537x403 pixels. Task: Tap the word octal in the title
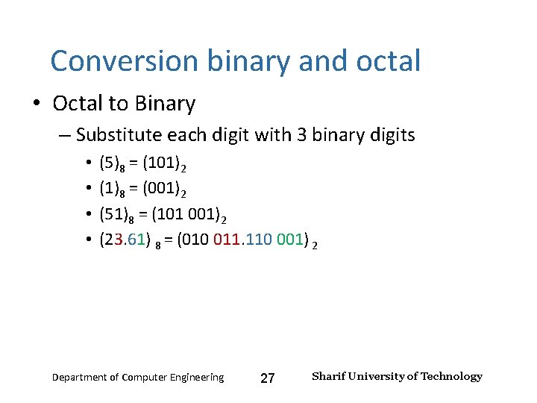pos(386,60)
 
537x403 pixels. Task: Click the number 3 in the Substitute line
pos(303,135)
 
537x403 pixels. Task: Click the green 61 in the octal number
pos(141,240)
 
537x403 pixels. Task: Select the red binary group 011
pos(227,240)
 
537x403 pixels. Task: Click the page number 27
pos(268,378)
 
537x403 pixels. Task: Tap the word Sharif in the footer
pos(328,376)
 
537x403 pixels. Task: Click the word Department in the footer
pos(80,378)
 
